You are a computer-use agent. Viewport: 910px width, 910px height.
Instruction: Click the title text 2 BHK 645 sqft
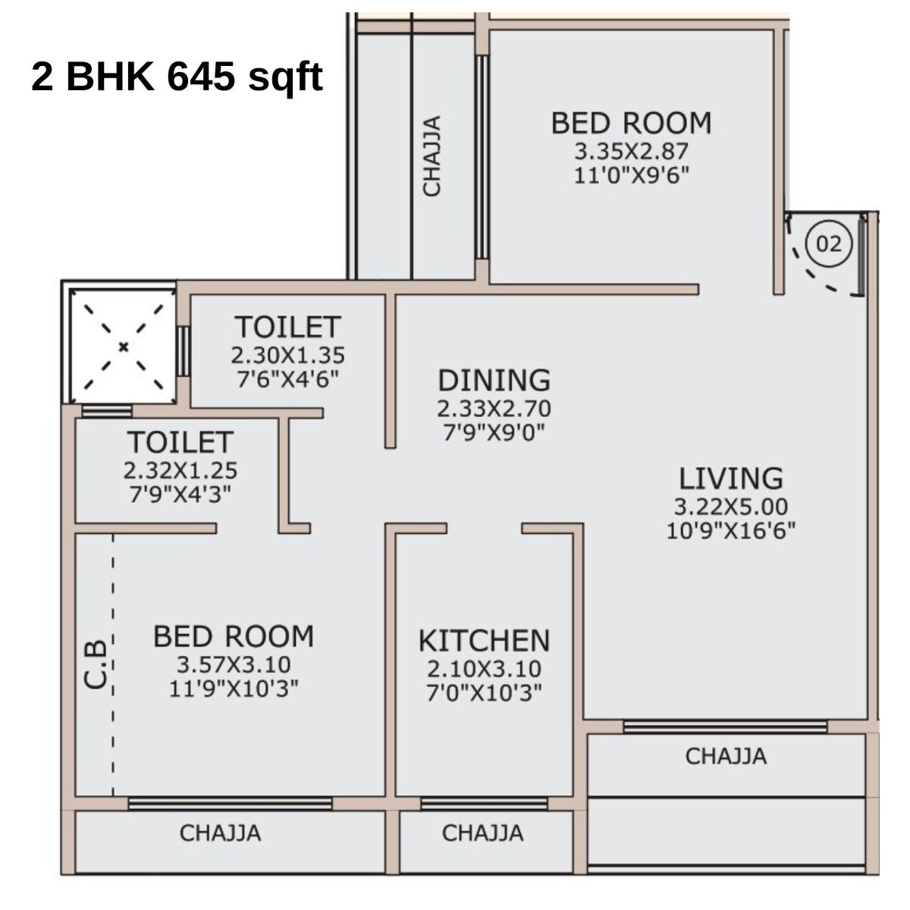(x=177, y=77)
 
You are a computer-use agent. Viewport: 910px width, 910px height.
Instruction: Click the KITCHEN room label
(x=484, y=641)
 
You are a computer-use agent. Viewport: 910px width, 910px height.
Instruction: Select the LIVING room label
(x=730, y=479)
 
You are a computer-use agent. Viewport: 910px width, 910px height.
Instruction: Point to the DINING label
(x=494, y=380)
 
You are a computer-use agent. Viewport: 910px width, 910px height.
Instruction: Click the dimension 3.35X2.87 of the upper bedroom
(x=631, y=150)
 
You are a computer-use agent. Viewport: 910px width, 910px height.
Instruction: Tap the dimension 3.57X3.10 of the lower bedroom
(x=234, y=664)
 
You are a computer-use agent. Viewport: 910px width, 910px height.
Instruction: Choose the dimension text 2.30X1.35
(x=287, y=355)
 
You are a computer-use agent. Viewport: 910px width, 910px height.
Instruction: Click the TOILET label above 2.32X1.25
(x=180, y=442)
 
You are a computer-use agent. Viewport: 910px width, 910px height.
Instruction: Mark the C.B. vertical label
(x=96, y=664)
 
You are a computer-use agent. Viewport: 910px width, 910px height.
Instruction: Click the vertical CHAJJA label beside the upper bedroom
(x=431, y=156)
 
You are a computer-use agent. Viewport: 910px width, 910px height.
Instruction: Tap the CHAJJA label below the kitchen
(x=482, y=833)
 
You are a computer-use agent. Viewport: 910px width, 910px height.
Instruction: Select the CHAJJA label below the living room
(x=726, y=756)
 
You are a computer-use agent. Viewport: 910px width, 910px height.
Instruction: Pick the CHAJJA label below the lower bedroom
(x=220, y=833)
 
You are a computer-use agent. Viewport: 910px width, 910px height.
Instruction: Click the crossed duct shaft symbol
(x=123, y=347)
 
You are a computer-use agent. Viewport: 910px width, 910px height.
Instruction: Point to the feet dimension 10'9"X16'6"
(x=730, y=531)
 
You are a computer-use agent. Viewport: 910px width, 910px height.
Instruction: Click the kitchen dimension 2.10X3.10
(x=484, y=669)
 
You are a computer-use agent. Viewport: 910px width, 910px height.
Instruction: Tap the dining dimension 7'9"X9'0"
(x=494, y=432)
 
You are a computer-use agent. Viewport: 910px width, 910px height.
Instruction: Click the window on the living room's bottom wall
(x=725, y=726)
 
